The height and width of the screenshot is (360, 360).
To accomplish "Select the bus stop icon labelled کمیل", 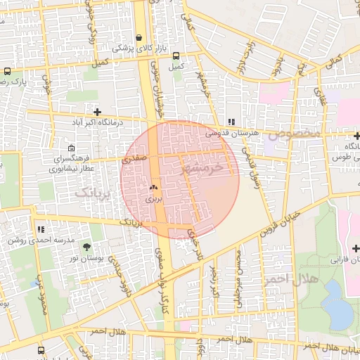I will point(176,56).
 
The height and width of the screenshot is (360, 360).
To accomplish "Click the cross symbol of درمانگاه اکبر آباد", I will point(97,112).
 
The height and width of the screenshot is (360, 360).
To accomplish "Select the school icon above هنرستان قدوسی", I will point(231,122).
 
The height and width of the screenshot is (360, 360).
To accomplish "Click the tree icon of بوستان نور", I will point(86,246).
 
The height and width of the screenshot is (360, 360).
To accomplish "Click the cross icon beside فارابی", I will point(356,248).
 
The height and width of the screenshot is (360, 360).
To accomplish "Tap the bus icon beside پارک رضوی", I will point(7,72).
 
